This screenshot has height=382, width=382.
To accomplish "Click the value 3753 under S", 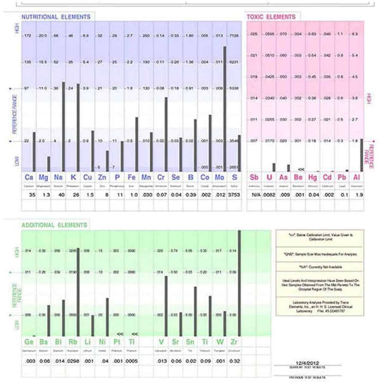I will point(234,195).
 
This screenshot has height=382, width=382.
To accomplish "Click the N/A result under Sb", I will point(254,195).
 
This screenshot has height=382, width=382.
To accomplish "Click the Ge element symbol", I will point(29,342).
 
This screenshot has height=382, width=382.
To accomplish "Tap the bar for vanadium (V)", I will point(165,305).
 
